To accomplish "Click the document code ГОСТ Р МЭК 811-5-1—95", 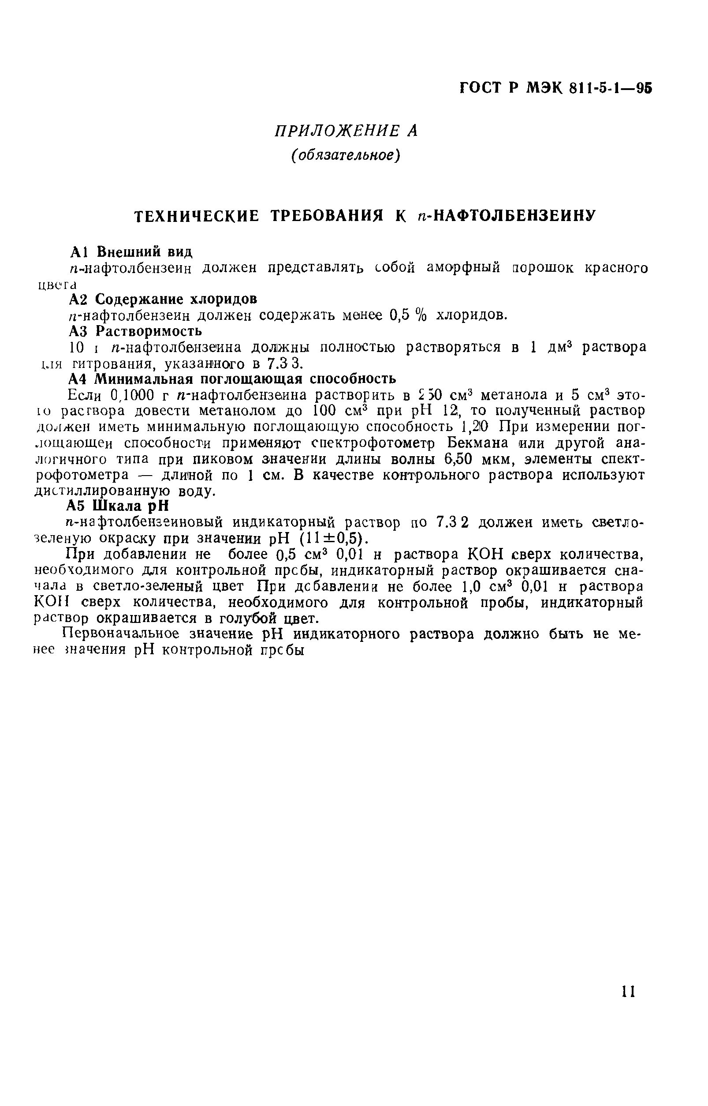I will pyautogui.click(x=556, y=88).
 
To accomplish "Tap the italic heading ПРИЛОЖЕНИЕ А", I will pyautogui.click(x=346, y=131).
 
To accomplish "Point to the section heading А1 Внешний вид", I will pyautogui.click(x=131, y=251).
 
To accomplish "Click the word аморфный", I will pyautogui.click(x=463, y=268).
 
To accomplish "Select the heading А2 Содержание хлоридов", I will pyautogui.click(x=163, y=299).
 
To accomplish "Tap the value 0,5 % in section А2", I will pyautogui.click(x=408, y=315).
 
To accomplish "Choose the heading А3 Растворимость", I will pyautogui.click(x=135, y=331).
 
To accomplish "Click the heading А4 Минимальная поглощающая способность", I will pyautogui.click(x=232, y=379).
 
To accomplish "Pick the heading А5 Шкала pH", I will pyautogui.click(x=118, y=506).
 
